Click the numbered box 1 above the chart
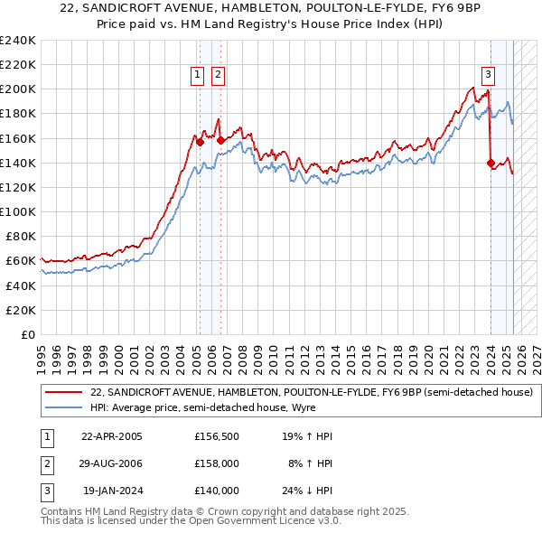[x=197, y=76]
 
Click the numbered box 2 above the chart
[x=219, y=76]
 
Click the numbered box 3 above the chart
[x=488, y=76]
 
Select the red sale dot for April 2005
[x=200, y=142]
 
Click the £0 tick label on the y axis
[x=28, y=334]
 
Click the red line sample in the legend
[x=63, y=392]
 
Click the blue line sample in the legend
[x=63, y=407]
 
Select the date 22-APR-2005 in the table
[x=112, y=436]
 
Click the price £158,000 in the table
[x=217, y=463]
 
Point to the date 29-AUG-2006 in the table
[x=112, y=463]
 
